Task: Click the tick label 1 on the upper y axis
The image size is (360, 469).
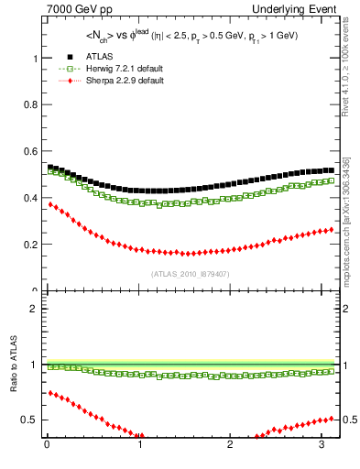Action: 35,58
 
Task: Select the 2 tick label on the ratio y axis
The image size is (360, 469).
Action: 35,309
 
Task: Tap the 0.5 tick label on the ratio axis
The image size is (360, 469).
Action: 30,420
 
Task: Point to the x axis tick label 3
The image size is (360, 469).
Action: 322,447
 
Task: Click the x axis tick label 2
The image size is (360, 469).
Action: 231,447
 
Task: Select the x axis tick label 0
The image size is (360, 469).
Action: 47,447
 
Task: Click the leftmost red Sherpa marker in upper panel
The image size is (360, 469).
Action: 50,204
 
